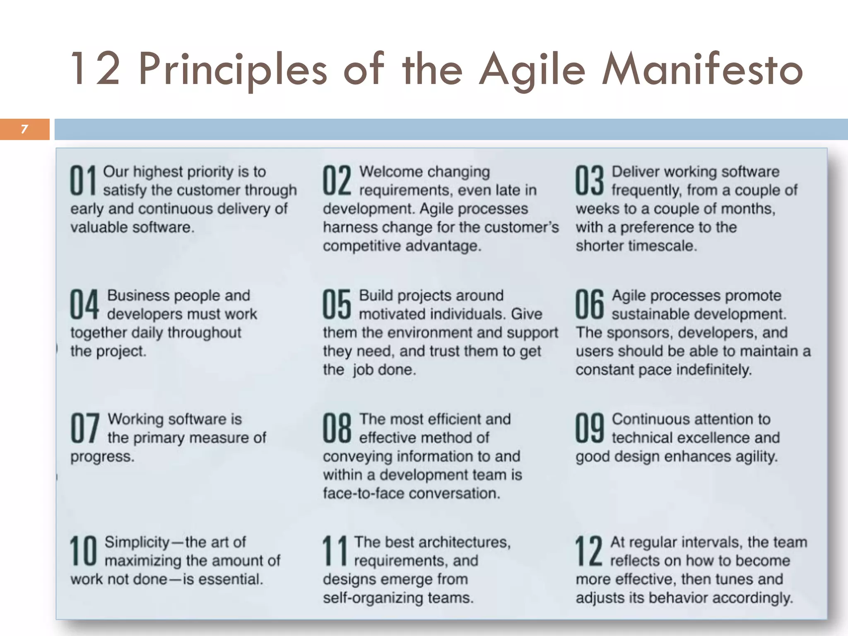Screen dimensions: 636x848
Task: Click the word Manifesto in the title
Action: pyautogui.click(x=702, y=70)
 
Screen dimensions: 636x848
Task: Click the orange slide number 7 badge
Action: pyautogui.click(x=24, y=129)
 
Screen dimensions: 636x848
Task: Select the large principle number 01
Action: pyautogui.click(x=83, y=181)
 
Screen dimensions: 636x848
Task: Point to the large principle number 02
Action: pyautogui.click(x=337, y=181)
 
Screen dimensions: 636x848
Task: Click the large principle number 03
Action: pyautogui.click(x=589, y=181)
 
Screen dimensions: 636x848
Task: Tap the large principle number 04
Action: pyautogui.click(x=84, y=304)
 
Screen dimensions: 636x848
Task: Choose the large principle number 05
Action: pyautogui.click(x=337, y=304)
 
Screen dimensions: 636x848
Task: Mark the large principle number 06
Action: pyautogui.click(x=589, y=304)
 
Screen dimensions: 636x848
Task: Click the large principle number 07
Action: pyautogui.click(x=84, y=428)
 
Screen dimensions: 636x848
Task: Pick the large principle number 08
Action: pyautogui.click(x=337, y=428)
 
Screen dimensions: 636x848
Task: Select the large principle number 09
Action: pyautogui.click(x=589, y=428)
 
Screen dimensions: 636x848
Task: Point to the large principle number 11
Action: pyautogui.click(x=335, y=551)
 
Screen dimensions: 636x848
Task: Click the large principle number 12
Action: pyautogui.click(x=588, y=551)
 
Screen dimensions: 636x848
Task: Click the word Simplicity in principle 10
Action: pyautogui.click(x=137, y=542)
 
